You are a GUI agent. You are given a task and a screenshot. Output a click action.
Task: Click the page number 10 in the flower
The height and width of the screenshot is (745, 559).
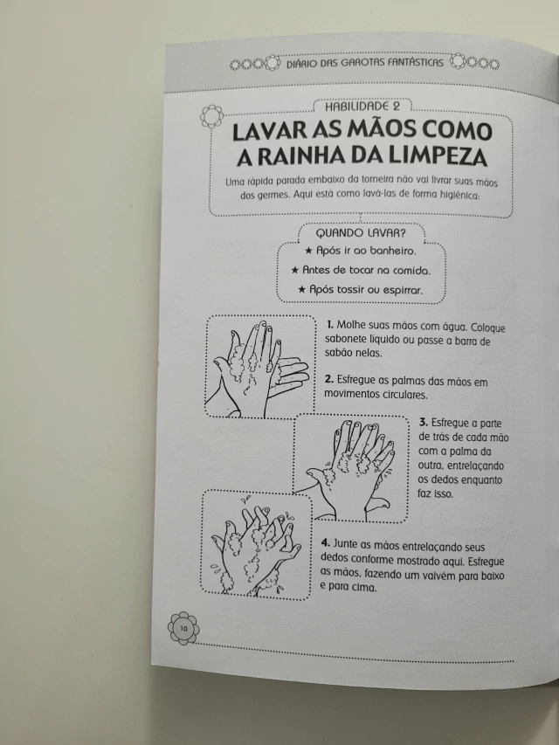coord(183,629)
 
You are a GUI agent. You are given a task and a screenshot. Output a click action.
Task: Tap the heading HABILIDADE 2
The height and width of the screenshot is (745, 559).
coord(362,107)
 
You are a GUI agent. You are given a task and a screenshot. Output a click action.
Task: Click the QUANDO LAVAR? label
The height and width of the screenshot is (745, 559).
coord(361,233)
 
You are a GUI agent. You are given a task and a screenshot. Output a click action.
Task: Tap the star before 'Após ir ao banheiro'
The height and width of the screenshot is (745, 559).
coord(308,251)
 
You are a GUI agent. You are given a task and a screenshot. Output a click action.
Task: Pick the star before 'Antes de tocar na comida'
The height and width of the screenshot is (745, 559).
coord(294,271)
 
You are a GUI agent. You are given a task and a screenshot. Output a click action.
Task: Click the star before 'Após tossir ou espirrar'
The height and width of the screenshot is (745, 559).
coord(302,289)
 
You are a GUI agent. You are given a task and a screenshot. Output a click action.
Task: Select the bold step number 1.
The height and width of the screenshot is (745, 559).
coord(330,325)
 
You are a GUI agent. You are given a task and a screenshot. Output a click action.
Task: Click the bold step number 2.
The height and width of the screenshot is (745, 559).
coord(329,380)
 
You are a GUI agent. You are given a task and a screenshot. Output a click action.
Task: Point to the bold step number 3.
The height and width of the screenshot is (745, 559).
coord(424,423)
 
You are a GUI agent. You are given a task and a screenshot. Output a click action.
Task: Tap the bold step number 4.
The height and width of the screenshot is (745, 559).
coord(326,543)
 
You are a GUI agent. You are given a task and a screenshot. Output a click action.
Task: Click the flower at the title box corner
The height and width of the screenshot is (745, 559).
coord(211,116)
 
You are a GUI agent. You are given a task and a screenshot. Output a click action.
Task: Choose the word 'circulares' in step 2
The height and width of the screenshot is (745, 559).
coord(405,395)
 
